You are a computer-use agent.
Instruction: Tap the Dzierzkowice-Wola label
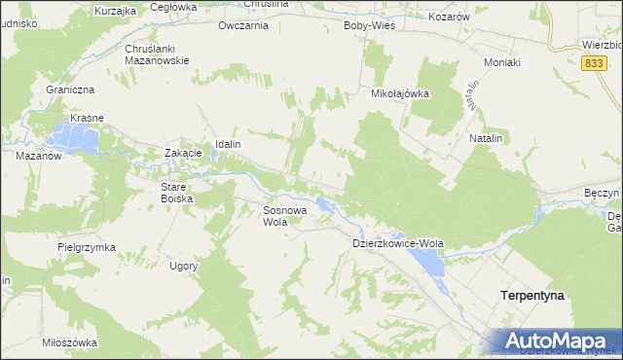coord(397,243)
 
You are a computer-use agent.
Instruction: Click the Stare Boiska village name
coord(177,192)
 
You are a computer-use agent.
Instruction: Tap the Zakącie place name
coord(183,153)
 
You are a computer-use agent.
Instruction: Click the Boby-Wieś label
coord(369,25)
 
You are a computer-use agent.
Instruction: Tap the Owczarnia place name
coord(243,25)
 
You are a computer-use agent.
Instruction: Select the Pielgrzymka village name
coord(86,247)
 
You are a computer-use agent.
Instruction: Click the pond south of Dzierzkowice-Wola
coord(425,260)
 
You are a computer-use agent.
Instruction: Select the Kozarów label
coord(449,18)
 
